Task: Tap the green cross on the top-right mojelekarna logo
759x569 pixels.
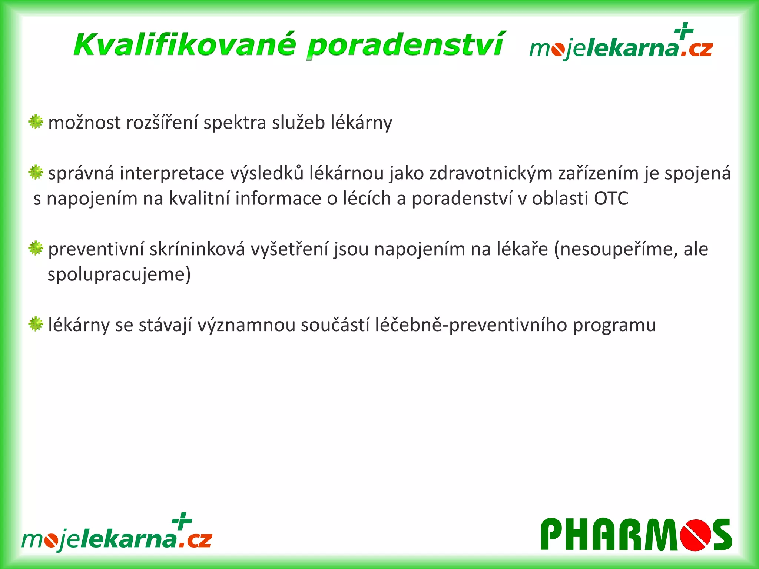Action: click(684, 31)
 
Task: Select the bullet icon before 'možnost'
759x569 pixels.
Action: click(36, 122)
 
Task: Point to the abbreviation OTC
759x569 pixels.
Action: click(611, 199)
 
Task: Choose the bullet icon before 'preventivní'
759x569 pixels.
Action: click(36, 248)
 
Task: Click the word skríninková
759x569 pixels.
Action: click(197, 249)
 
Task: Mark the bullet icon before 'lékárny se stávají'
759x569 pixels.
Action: click(36, 324)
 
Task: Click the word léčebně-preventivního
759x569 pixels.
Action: click(471, 325)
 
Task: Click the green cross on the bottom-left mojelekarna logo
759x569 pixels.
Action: click(182, 521)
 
